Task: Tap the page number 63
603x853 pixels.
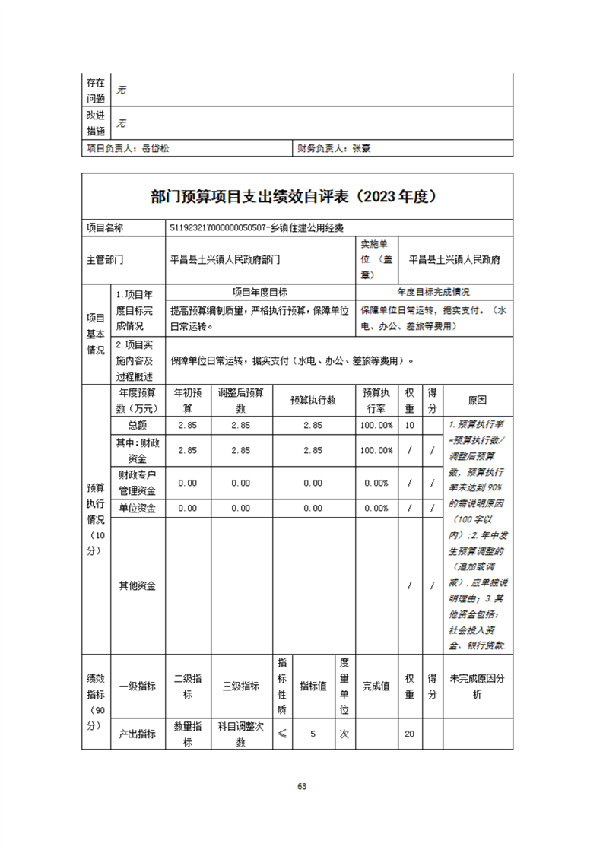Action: click(x=302, y=786)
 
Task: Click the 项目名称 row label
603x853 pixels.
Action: click(x=105, y=227)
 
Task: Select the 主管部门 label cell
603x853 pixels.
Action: click(x=105, y=259)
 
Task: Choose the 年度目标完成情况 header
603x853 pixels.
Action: click(x=433, y=292)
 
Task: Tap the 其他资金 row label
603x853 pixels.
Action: click(x=137, y=585)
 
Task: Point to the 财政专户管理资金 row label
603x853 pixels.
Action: click(x=137, y=483)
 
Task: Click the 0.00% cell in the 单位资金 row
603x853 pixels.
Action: click(x=377, y=508)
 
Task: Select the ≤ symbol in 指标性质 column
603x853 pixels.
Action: click(x=282, y=734)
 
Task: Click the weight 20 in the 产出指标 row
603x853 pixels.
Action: click(x=409, y=734)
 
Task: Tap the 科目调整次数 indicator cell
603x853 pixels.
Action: click(x=240, y=734)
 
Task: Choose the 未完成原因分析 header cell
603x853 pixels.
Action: click(x=478, y=687)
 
